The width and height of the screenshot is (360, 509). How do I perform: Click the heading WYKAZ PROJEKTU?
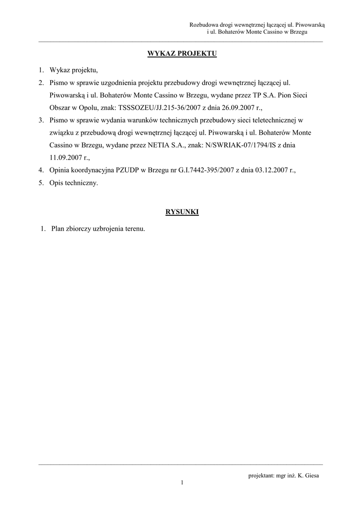coord(182,54)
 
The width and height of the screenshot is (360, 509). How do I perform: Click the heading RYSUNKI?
coord(182,212)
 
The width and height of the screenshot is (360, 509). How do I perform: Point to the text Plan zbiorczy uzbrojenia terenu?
coord(98,229)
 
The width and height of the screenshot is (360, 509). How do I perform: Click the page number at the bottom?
coord(182,482)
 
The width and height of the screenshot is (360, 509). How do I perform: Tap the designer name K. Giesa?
coord(307,476)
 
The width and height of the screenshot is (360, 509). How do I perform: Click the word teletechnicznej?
coord(274,120)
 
